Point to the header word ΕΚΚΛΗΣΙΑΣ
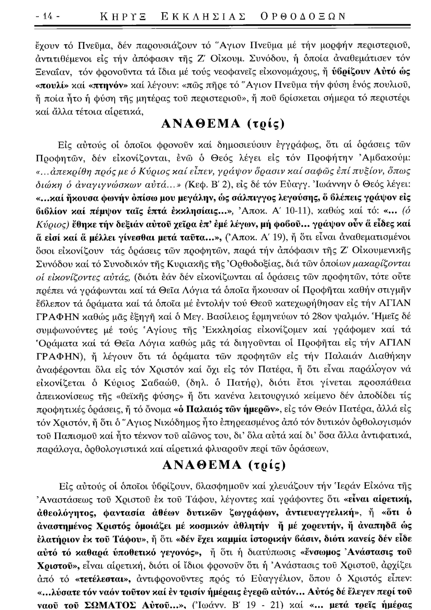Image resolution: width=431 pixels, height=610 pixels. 203,17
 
